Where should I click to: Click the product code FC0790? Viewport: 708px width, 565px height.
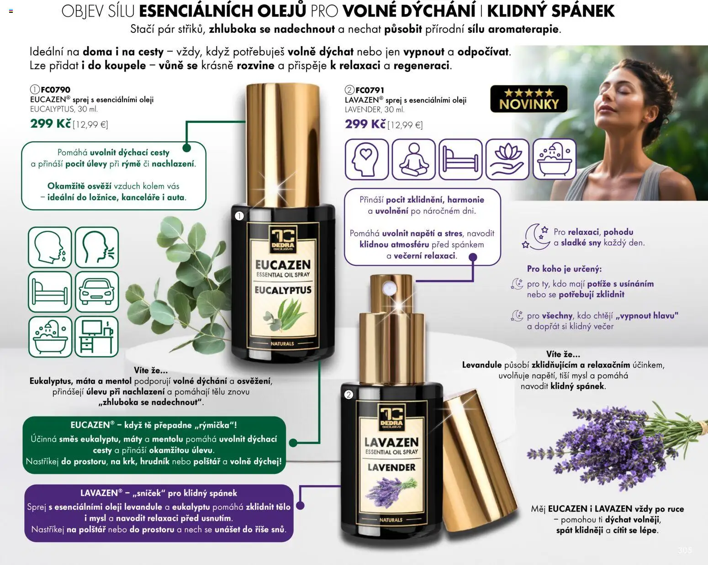point(55,90)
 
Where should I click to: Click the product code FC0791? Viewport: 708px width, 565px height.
point(370,90)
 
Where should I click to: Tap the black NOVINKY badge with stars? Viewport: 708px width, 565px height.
point(528,99)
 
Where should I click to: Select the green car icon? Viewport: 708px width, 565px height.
point(97,292)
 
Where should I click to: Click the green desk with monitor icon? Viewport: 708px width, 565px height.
point(97,337)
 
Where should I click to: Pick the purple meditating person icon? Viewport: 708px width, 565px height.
point(414,159)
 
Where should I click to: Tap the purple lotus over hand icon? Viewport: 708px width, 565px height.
point(507,159)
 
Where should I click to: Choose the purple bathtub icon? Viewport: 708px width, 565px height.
point(555,159)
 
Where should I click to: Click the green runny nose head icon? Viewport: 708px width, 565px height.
point(50,247)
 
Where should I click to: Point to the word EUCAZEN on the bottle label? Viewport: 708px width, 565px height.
point(283,265)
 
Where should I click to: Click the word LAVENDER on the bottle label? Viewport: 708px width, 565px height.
point(391,467)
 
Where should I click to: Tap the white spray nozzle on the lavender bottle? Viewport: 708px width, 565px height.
point(390,289)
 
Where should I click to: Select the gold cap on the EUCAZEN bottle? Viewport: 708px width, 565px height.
point(283,145)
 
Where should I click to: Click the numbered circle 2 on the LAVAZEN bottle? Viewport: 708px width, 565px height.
point(349,395)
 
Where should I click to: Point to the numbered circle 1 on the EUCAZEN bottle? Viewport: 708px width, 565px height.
point(239,216)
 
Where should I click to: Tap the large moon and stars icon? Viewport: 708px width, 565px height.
point(536,236)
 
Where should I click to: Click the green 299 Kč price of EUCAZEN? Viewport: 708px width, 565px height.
point(51,123)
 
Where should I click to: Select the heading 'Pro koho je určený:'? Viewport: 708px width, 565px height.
point(564,269)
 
